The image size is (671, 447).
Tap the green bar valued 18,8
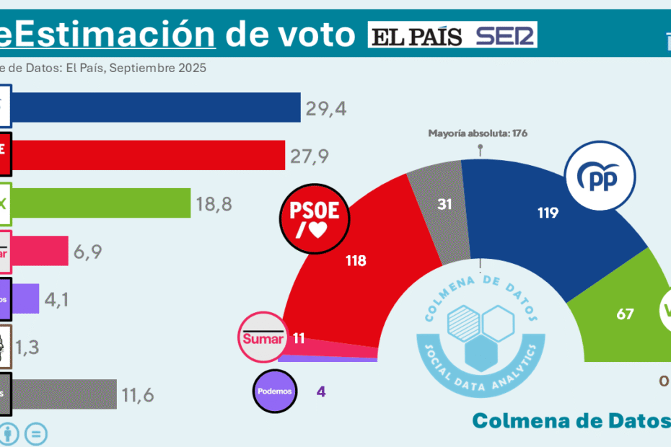101,204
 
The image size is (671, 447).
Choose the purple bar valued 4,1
26,298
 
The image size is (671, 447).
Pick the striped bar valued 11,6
64,394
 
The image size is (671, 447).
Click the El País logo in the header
416,35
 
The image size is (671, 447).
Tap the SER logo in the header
505,35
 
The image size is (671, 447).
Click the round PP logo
600,177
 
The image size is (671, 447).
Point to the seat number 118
356,261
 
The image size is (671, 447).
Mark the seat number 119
548,213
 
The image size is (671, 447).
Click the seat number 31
445,204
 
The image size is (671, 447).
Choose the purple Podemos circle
275,391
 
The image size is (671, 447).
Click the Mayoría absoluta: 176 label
479,133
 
